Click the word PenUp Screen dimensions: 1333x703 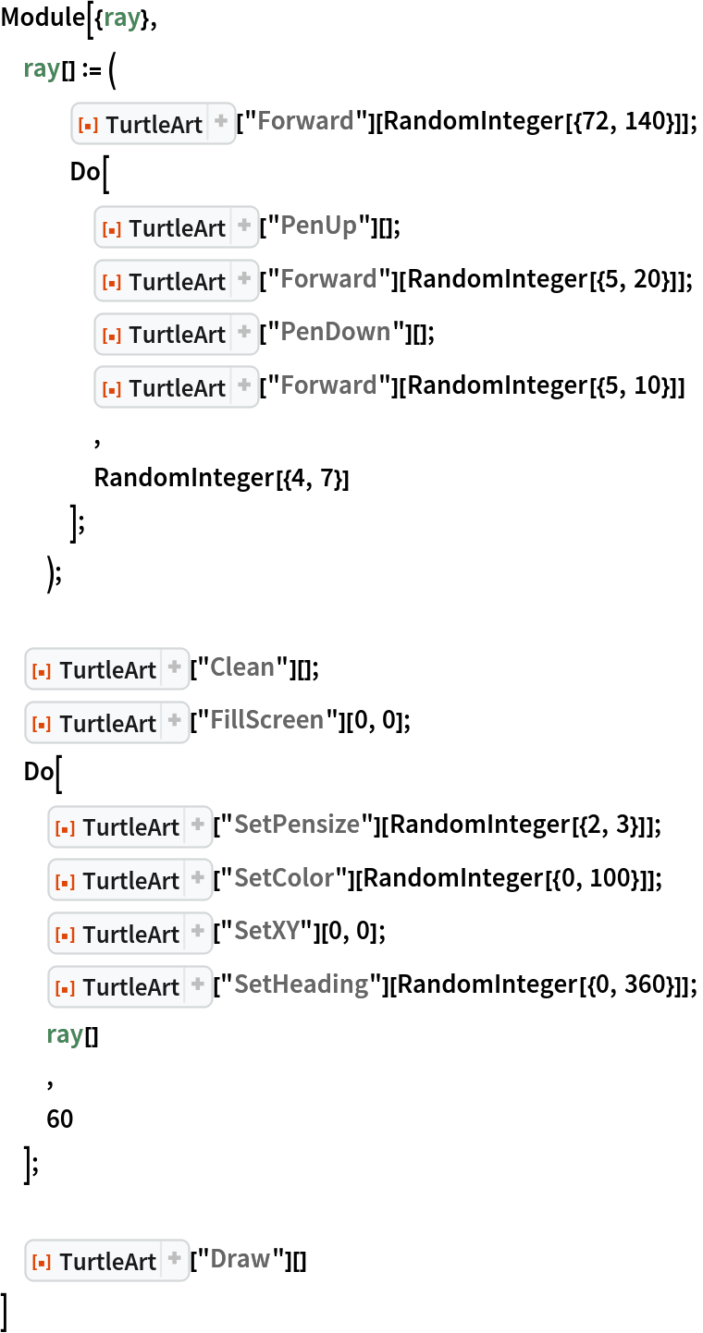pyautogui.click(x=318, y=226)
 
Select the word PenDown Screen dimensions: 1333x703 pyautogui.click(x=335, y=332)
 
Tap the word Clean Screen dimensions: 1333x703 pyautogui.click(x=241, y=667)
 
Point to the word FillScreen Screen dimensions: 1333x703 pyautogui.click(x=266, y=720)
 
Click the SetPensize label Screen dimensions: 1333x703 pyautogui.click(x=296, y=825)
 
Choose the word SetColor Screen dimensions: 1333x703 pyautogui.click(x=284, y=878)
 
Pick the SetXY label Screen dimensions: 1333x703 pyautogui.click(x=266, y=931)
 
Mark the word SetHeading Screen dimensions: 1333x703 pyautogui.click(x=301, y=984)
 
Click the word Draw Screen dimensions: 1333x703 pyautogui.click(x=240, y=1259)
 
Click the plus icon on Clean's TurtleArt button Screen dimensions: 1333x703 pyautogui.click(x=175, y=666)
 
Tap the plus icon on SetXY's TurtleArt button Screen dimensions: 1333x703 pyautogui.click(x=198, y=931)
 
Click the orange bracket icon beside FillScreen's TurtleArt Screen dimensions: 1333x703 pyautogui.click(x=41, y=725)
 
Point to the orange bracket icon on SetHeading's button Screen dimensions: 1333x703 pyautogui.click(x=64, y=988)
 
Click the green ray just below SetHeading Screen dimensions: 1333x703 pyautogui.click(x=65, y=1034)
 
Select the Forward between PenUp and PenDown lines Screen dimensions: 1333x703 pyautogui.click(x=328, y=279)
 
